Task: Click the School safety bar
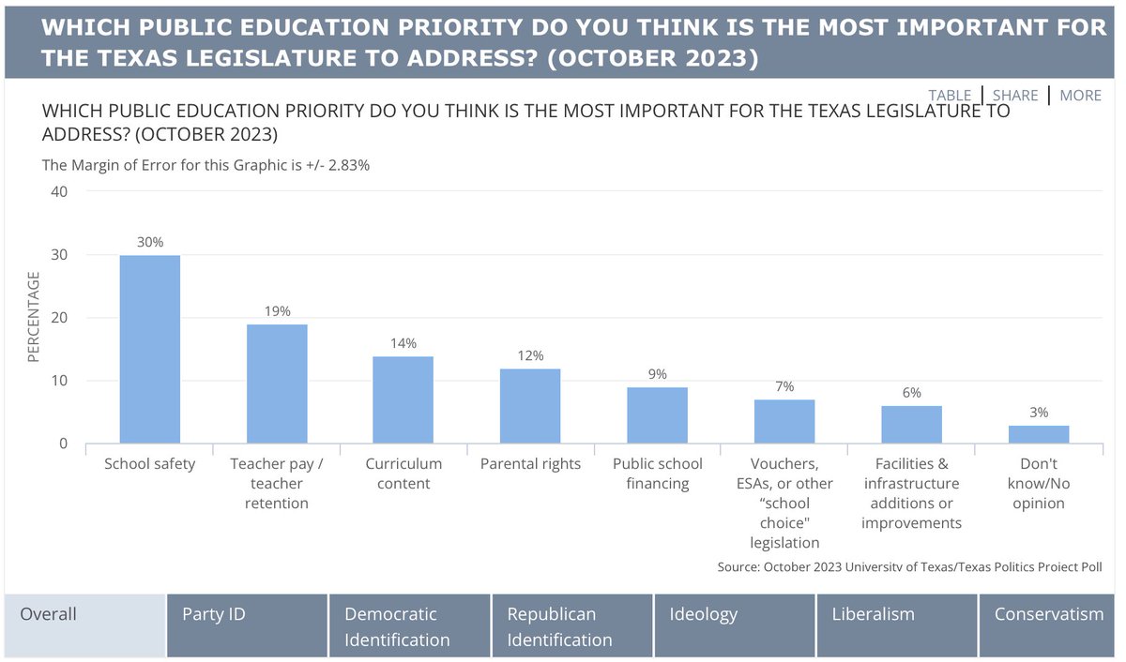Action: point(150,349)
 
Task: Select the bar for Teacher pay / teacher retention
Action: point(277,384)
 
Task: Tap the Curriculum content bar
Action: point(403,399)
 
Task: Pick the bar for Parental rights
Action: point(530,406)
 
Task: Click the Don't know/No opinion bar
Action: point(1039,434)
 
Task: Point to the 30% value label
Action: point(150,242)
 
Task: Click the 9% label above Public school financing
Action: point(657,374)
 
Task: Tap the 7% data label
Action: point(784,386)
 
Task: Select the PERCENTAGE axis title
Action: point(34,317)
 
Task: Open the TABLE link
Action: point(950,96)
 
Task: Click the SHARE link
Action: point(1015,96)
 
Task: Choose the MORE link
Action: point(1081,96)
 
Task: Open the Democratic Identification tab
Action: point(409,625)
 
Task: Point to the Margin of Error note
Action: point(206,165)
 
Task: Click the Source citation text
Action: point(909,566)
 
